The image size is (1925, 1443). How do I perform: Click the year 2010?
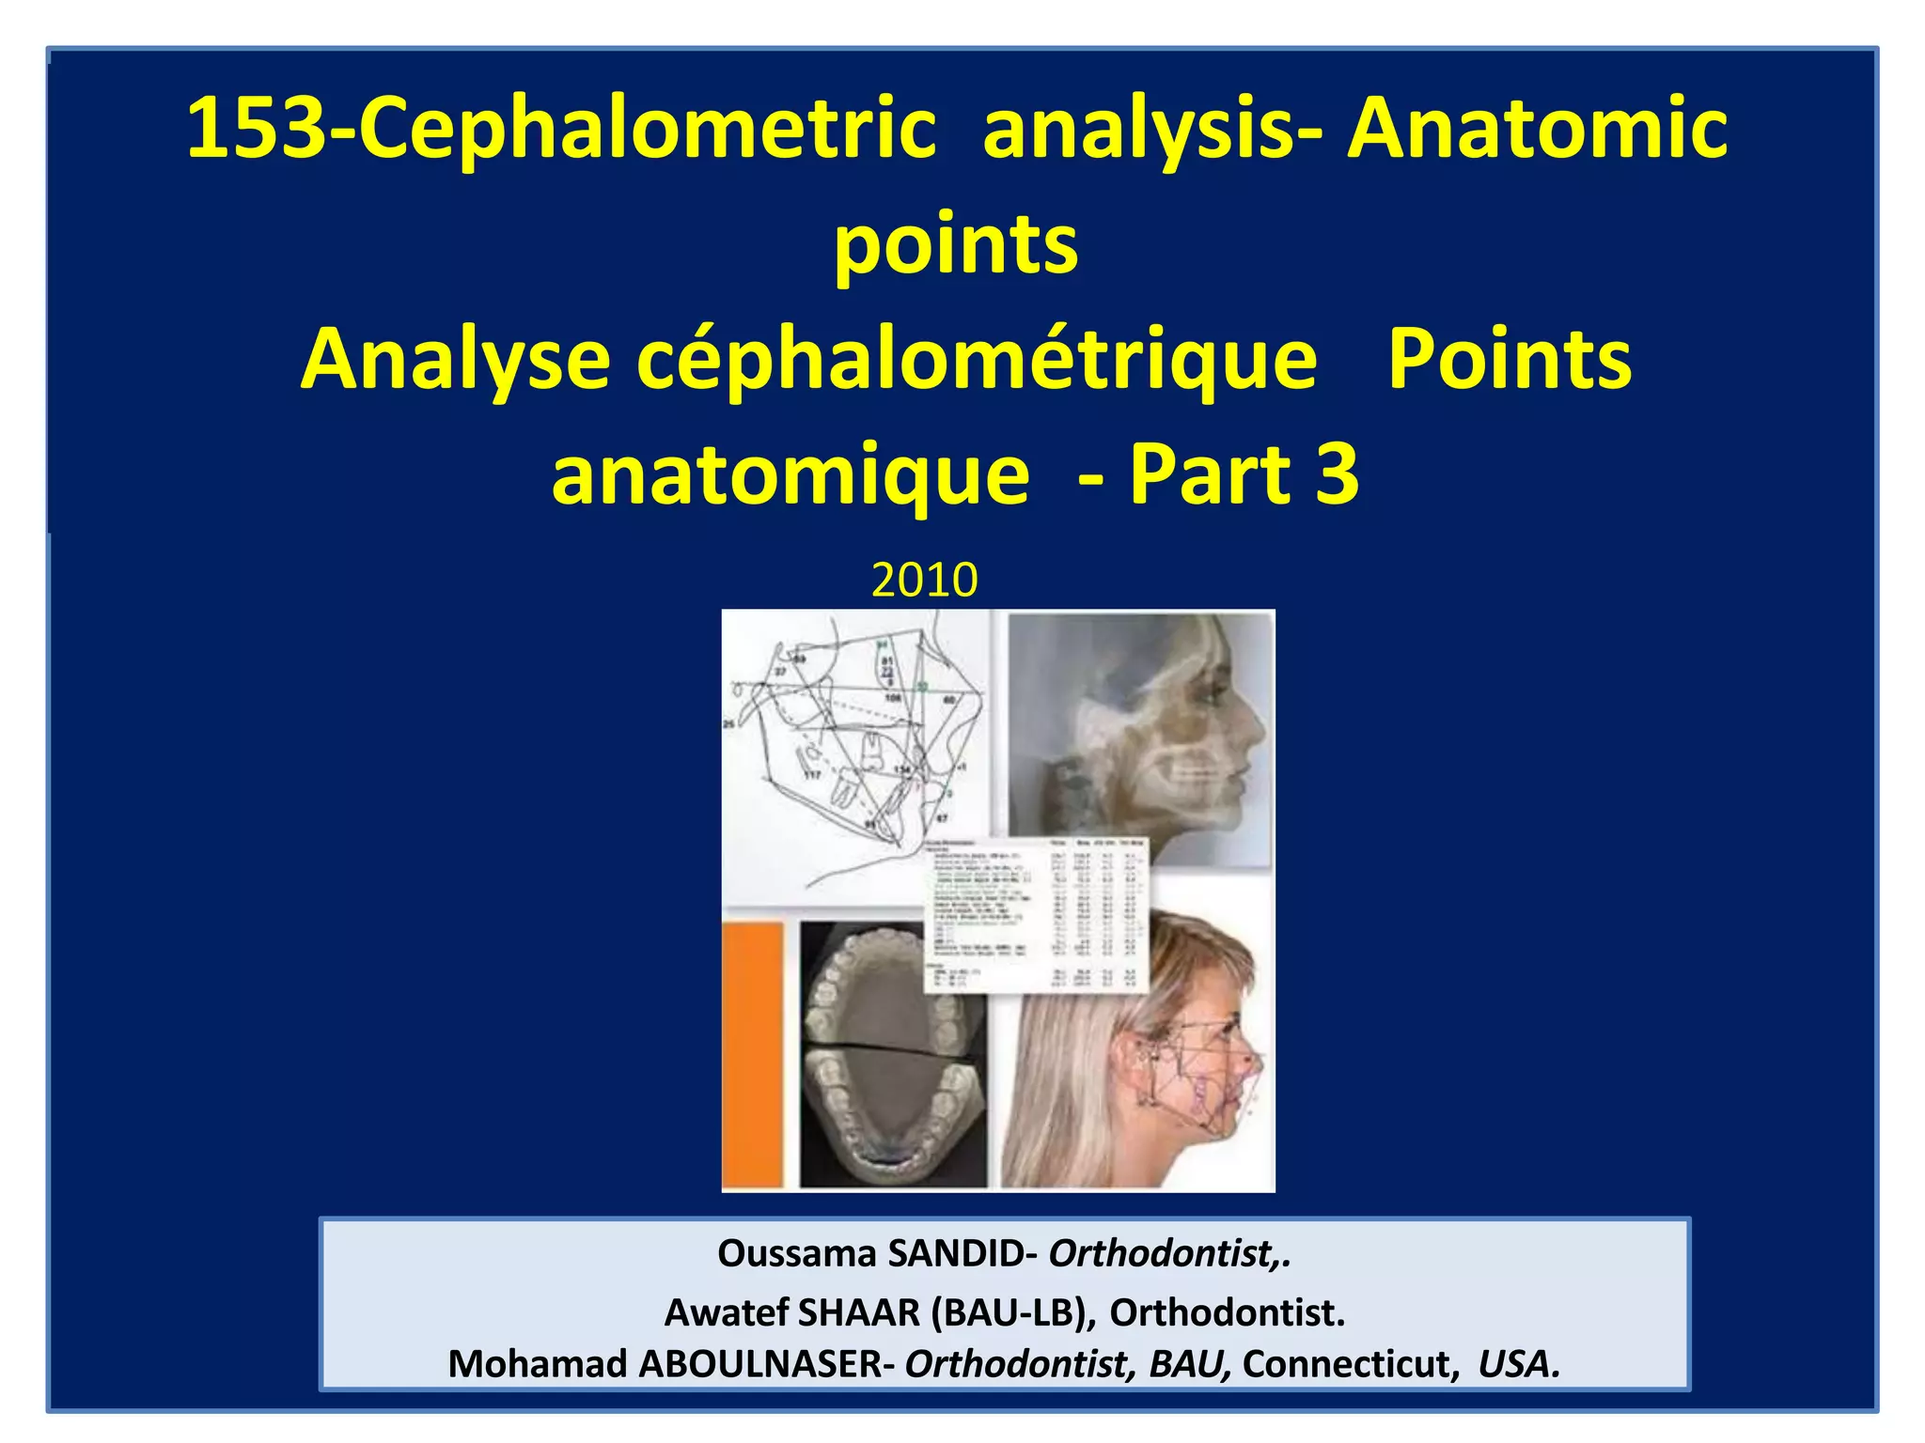tap(924, 580)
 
